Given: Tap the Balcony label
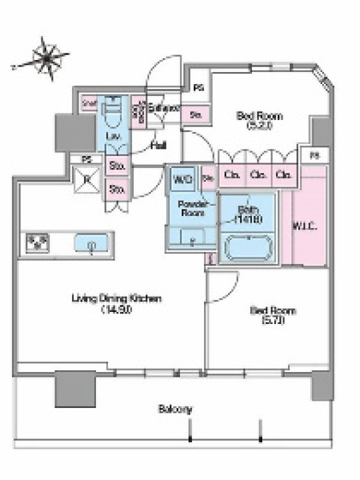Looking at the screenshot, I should tap(175, 410).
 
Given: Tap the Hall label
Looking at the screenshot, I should tap(158, 145).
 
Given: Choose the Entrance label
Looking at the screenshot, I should tap(164, 109).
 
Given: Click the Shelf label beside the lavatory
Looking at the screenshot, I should tap(89, 103).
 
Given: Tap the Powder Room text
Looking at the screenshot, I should tap(191, 208).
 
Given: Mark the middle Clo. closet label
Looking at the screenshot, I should tap(259, 176).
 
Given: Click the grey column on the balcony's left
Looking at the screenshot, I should tap(75, 389).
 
